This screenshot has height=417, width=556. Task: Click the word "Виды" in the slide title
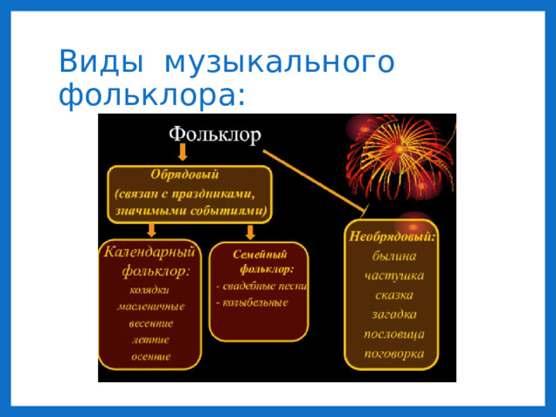click(x=96, y=63)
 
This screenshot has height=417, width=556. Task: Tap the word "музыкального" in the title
click(x=279, y=63)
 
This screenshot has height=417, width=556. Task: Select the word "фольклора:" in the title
click(x=152, y=94)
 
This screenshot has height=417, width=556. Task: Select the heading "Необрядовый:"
click(x=392, y=235)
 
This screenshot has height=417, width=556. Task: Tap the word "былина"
click(x=394, y=255)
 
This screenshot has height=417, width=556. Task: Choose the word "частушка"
click(x=394, y=275)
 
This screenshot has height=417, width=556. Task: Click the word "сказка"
click(x=394, y=295)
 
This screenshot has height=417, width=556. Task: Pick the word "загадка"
click(x=394, y=314)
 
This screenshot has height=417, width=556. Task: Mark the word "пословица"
click(x=394, y=334)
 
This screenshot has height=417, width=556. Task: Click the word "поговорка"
click(x=394, y=354)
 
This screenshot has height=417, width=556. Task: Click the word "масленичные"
click(x=150, y=306)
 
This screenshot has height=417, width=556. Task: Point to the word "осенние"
click(x=150, y=356)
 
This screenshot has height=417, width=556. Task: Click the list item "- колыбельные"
click(x=252, y=302)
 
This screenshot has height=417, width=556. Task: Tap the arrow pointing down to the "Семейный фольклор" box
click(x=250, y=231)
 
